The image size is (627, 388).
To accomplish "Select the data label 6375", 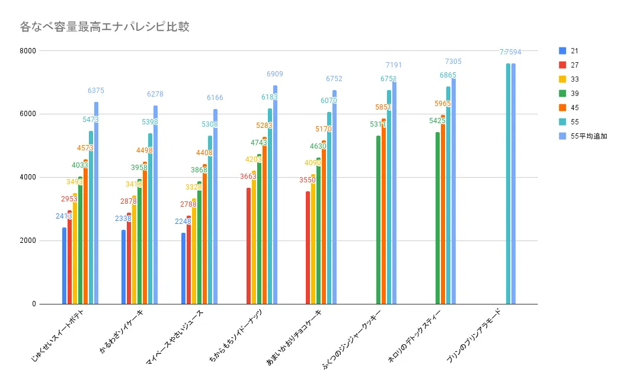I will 96,91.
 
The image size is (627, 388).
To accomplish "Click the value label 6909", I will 275,74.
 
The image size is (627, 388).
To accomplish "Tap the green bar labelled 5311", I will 378,220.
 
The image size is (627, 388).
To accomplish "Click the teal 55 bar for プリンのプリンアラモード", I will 508,184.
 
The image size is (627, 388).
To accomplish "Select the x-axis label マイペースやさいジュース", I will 175,338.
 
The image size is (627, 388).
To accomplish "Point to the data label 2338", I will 123,219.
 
